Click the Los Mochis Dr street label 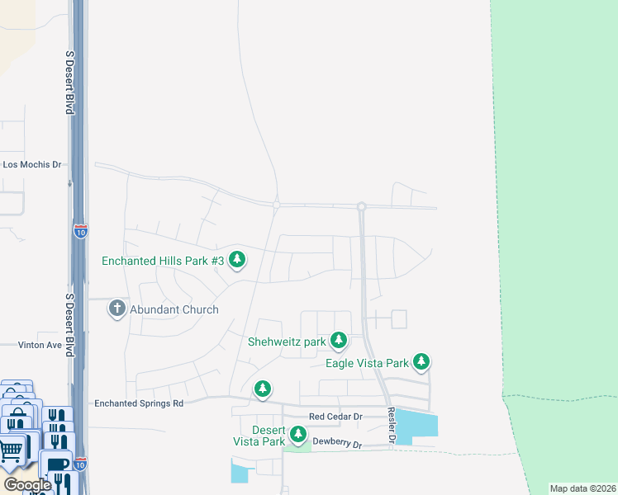(x=32, y=164)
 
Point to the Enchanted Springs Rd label (x=139, y=403)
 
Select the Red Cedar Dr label (x=335, y=417)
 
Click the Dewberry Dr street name (x=336, y=445)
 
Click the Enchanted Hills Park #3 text (x=163, y=261)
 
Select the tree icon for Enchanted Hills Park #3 (x=237, y=261)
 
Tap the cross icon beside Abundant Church (x=116, y=309)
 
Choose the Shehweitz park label (x=287, y=341)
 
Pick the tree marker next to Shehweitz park (x=338, y=340)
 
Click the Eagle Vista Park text (x=368, y=362)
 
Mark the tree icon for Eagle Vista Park (x=421, y=361)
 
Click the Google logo (x=26, y=485)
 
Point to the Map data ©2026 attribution (x=582, y=488)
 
